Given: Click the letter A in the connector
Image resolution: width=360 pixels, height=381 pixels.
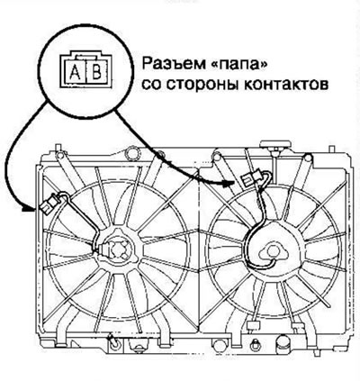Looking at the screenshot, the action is [76, 72].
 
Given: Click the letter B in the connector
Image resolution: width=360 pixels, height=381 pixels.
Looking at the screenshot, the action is [96, 72].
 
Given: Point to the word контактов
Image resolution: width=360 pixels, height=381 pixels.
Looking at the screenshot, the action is [285, 85].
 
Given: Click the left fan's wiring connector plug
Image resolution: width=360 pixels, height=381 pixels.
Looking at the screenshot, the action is [49, 204].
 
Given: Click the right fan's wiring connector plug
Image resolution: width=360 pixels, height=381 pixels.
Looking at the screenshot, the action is [250, 178].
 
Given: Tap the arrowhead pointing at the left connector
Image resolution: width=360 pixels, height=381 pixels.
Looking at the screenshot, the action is [28, 209].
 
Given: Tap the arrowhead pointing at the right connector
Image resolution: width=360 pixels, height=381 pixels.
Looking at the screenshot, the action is [229, 182].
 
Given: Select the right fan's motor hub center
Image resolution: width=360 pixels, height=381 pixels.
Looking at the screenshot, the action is [273, 251].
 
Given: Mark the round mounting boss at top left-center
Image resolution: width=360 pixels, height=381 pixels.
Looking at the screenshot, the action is [132, 152].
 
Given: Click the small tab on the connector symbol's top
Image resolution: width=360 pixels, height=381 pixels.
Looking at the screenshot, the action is [86, 57].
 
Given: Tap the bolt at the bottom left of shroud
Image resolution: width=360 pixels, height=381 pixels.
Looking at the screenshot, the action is [113, 341].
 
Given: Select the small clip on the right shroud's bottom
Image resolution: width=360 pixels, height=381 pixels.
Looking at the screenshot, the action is [252, 326].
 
